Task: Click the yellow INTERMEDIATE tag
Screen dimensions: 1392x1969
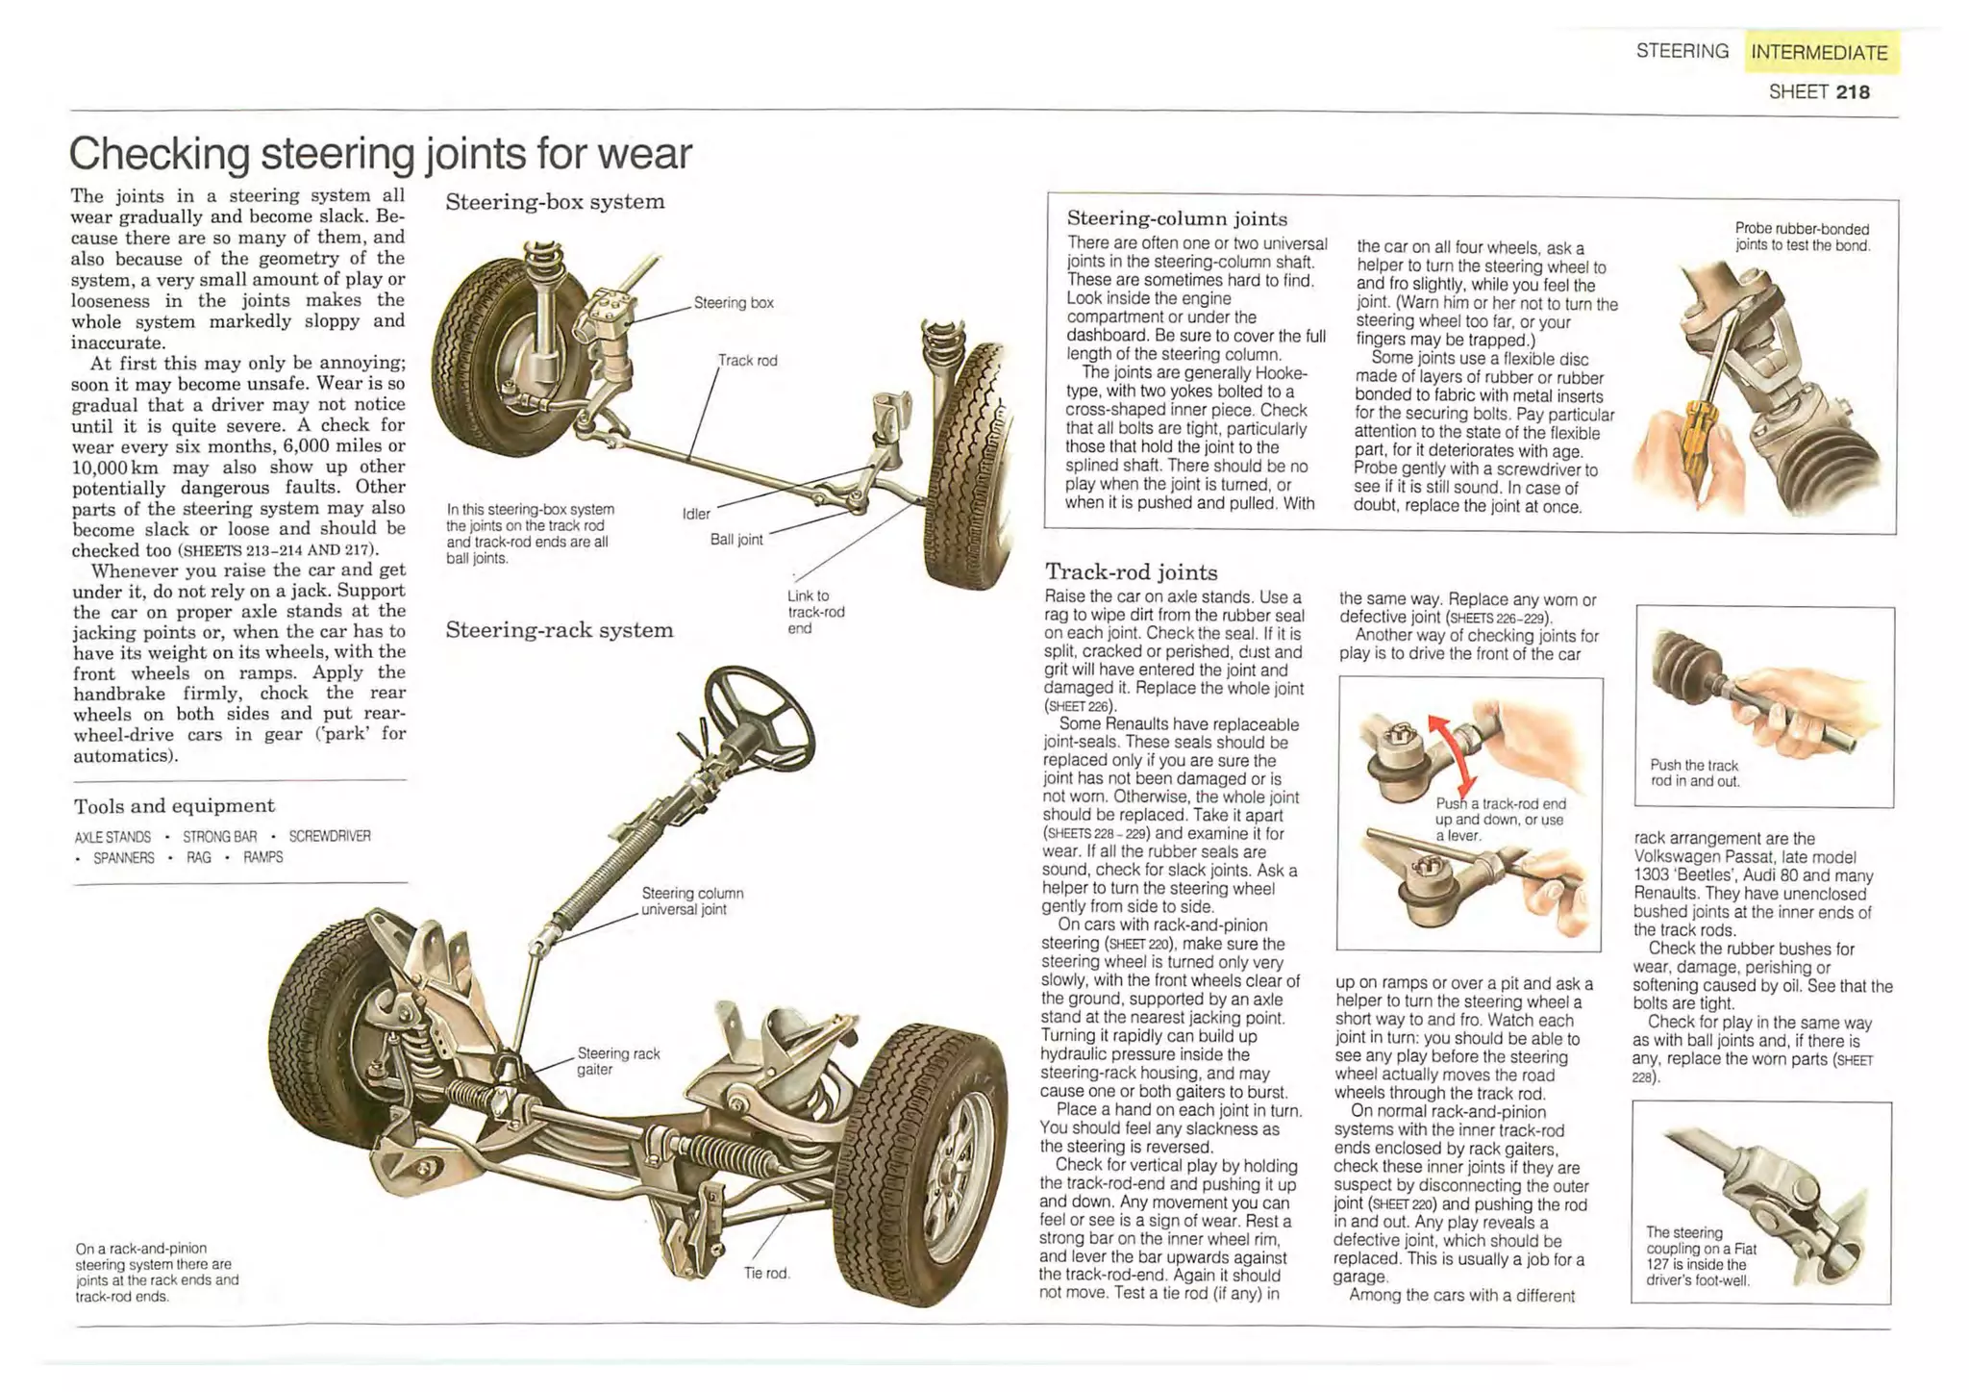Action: click(x=1820, y=53)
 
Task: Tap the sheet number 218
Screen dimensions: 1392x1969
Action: click(x=1852, y=92)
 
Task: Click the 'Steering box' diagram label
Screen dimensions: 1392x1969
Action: click(x=734, y=303)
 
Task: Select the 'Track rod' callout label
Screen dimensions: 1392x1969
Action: click(x=747, y=361)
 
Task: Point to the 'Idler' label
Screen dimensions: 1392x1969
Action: click(x=696, y=514)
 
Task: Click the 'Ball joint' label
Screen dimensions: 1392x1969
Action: click(x=735, y=540)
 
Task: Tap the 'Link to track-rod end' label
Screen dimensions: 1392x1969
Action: click(x=814, y=612)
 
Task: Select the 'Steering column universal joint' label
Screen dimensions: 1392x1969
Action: click(x=692, y=901)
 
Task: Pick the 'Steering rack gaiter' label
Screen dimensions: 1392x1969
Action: click(x=617, y=1061)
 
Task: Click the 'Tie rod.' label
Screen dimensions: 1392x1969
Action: click(x=766, y=1273)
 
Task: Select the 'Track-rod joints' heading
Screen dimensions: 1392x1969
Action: click(x=1131, y=572)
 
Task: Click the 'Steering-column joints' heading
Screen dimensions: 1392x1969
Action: click(x=1176, y=218)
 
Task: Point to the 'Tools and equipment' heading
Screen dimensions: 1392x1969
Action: click(x=174, y=806)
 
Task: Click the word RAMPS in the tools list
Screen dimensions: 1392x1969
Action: click(x=262, y=857)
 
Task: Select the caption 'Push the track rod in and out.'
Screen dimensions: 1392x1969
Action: click(x=1694, y=772)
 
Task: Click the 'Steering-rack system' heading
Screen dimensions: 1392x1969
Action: click(x=559, y=631)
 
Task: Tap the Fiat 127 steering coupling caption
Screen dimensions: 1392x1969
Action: click(x=1700, y=1256)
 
